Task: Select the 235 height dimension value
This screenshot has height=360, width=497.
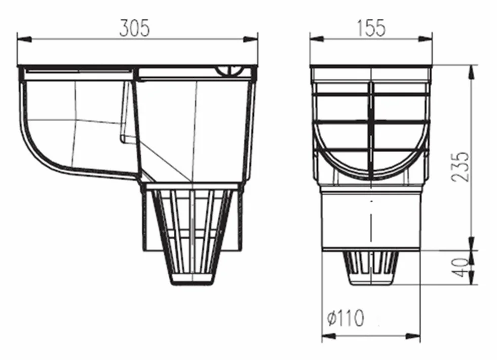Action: point(460,167)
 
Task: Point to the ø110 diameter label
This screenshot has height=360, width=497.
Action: point(346,318)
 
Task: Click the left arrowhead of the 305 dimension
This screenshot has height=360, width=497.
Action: point(24,40)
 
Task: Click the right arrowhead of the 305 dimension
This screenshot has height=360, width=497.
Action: point(251,40)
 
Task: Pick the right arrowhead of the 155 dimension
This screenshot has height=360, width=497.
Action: point(425,39)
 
